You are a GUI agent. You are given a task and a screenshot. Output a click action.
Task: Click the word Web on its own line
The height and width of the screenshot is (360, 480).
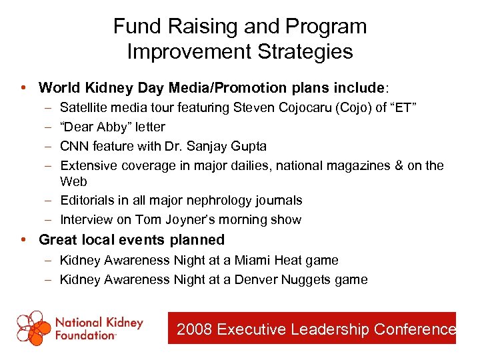click(x=73, y=181)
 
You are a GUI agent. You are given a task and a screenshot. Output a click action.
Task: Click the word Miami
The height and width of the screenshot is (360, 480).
click(x=253, y=260)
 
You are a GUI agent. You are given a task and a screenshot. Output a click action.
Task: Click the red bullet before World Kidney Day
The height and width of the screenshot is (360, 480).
click(x=24, y=87)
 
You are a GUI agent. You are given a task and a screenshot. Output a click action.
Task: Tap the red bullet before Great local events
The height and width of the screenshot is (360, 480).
click(x=24, y=239)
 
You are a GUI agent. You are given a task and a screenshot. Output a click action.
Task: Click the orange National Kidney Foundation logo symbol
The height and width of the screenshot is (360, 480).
click(x=34, y=327)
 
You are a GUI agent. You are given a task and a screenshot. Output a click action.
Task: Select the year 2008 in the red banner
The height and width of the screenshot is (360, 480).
click(x=195, y=329)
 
